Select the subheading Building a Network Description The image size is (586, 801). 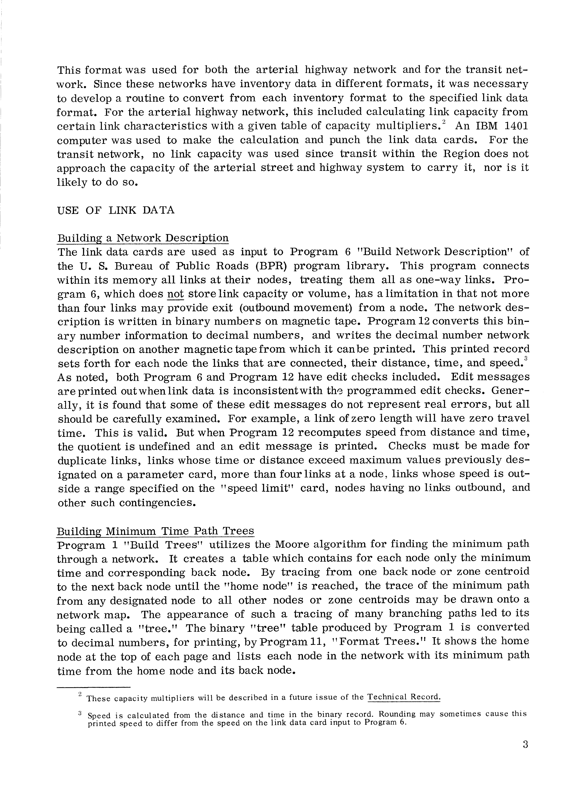(143, 238)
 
